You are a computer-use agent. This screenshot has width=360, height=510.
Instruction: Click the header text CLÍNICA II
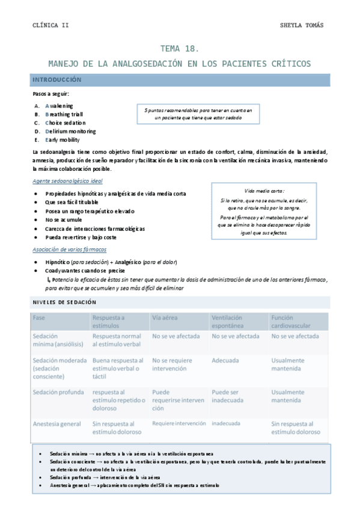50,25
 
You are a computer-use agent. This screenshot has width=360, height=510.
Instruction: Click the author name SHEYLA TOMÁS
302,25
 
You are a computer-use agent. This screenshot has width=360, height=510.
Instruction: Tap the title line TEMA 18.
179,49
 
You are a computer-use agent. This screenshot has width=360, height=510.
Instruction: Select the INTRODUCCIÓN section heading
56,79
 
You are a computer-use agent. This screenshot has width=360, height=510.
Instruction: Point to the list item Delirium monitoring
70,131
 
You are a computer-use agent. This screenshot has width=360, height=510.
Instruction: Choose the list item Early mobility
62,140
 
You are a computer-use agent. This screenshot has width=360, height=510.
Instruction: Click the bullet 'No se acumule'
63,220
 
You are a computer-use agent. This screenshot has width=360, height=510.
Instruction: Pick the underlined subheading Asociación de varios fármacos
69,250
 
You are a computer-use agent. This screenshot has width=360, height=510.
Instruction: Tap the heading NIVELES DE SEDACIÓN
64,302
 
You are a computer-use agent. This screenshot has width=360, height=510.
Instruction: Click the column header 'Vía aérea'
164,318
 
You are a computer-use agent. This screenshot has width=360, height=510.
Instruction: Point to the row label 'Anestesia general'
56,423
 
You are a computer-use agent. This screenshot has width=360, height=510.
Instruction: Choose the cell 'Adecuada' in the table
225,361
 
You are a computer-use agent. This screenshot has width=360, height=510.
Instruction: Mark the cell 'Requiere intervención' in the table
178,423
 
